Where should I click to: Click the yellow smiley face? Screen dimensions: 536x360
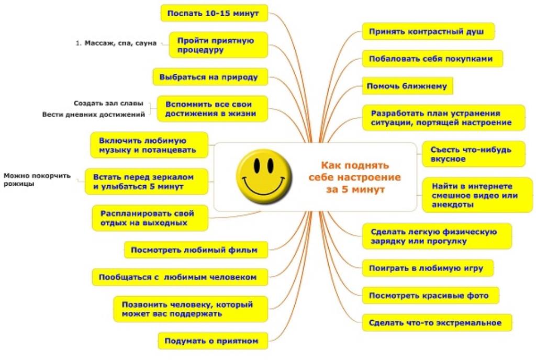(264, 177)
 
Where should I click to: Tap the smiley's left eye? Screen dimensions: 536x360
(256, 165)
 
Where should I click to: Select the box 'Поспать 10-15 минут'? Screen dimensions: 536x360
(214, 13)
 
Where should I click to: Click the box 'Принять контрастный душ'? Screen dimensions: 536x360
(428, 32)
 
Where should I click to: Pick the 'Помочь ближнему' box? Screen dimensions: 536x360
(407, 86)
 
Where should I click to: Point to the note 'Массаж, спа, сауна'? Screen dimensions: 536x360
(116, 43)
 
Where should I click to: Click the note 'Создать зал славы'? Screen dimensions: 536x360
(108, 103)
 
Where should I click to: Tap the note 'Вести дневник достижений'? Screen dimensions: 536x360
(93, 115)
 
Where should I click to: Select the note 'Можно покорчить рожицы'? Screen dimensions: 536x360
(37, 179)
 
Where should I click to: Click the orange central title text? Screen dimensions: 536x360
(355, 177)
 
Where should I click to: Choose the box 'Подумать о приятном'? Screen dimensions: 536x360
(213, 341)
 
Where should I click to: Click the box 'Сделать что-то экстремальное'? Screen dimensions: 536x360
(437, 323)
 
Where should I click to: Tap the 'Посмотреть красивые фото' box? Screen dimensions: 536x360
(430, 296)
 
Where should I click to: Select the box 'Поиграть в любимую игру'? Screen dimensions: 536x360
(428, 268)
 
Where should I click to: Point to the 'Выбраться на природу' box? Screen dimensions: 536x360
(210, 77)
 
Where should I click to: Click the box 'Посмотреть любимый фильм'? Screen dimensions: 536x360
(196, 250)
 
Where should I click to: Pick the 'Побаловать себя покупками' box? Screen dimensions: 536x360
(432, 59)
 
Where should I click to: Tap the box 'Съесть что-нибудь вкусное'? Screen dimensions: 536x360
(473, 154)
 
